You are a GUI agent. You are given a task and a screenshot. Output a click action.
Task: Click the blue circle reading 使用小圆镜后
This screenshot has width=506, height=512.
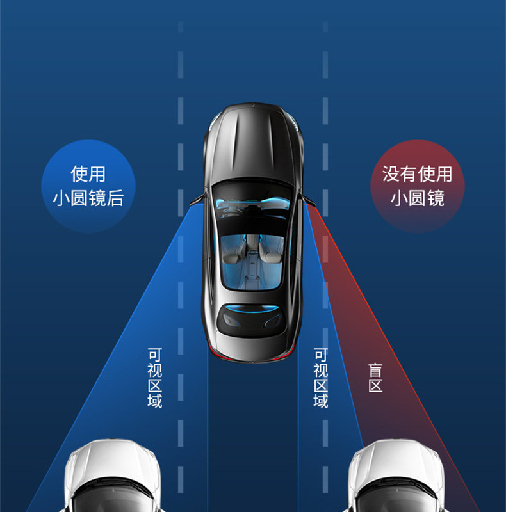88,186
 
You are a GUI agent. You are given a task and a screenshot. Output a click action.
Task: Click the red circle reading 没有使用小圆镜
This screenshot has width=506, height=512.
418,186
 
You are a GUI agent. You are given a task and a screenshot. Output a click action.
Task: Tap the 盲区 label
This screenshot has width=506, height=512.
375,378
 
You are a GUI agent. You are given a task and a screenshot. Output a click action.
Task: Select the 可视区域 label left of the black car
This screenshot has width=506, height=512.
154,378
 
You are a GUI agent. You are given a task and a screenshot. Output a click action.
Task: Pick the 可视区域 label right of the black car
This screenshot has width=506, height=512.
320,378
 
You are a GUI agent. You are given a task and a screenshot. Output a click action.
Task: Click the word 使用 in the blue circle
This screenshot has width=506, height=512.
88,173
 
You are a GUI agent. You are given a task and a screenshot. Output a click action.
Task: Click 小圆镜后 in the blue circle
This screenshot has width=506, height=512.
88,198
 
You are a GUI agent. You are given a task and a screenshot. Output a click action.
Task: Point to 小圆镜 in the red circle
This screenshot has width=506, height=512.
418,198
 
